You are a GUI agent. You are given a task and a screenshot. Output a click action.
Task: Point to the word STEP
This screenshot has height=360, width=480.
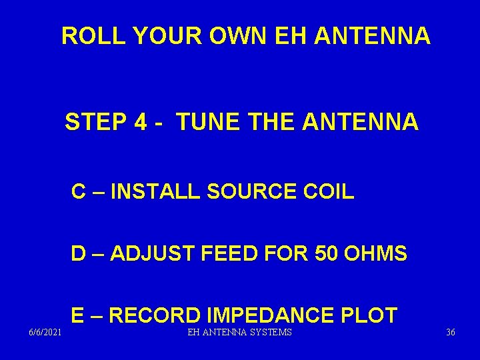(x=95, y=123)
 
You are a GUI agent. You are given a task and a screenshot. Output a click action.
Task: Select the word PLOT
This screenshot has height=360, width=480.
(x=373, y=315)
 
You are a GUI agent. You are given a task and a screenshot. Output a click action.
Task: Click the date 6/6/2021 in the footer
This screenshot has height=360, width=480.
(x=46, y=332)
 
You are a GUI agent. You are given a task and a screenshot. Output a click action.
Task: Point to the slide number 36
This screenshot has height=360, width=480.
(x=451, y=332)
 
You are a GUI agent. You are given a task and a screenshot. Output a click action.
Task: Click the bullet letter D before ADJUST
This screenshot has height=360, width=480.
(x=79, y=254)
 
